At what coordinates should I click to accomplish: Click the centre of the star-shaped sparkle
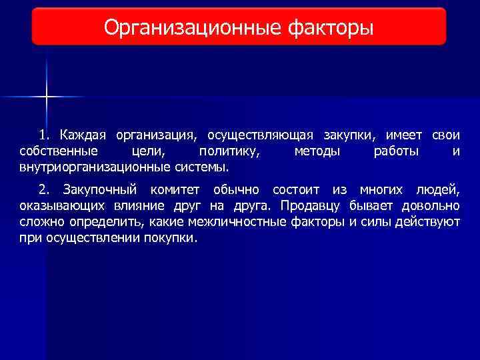[47, 97]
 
